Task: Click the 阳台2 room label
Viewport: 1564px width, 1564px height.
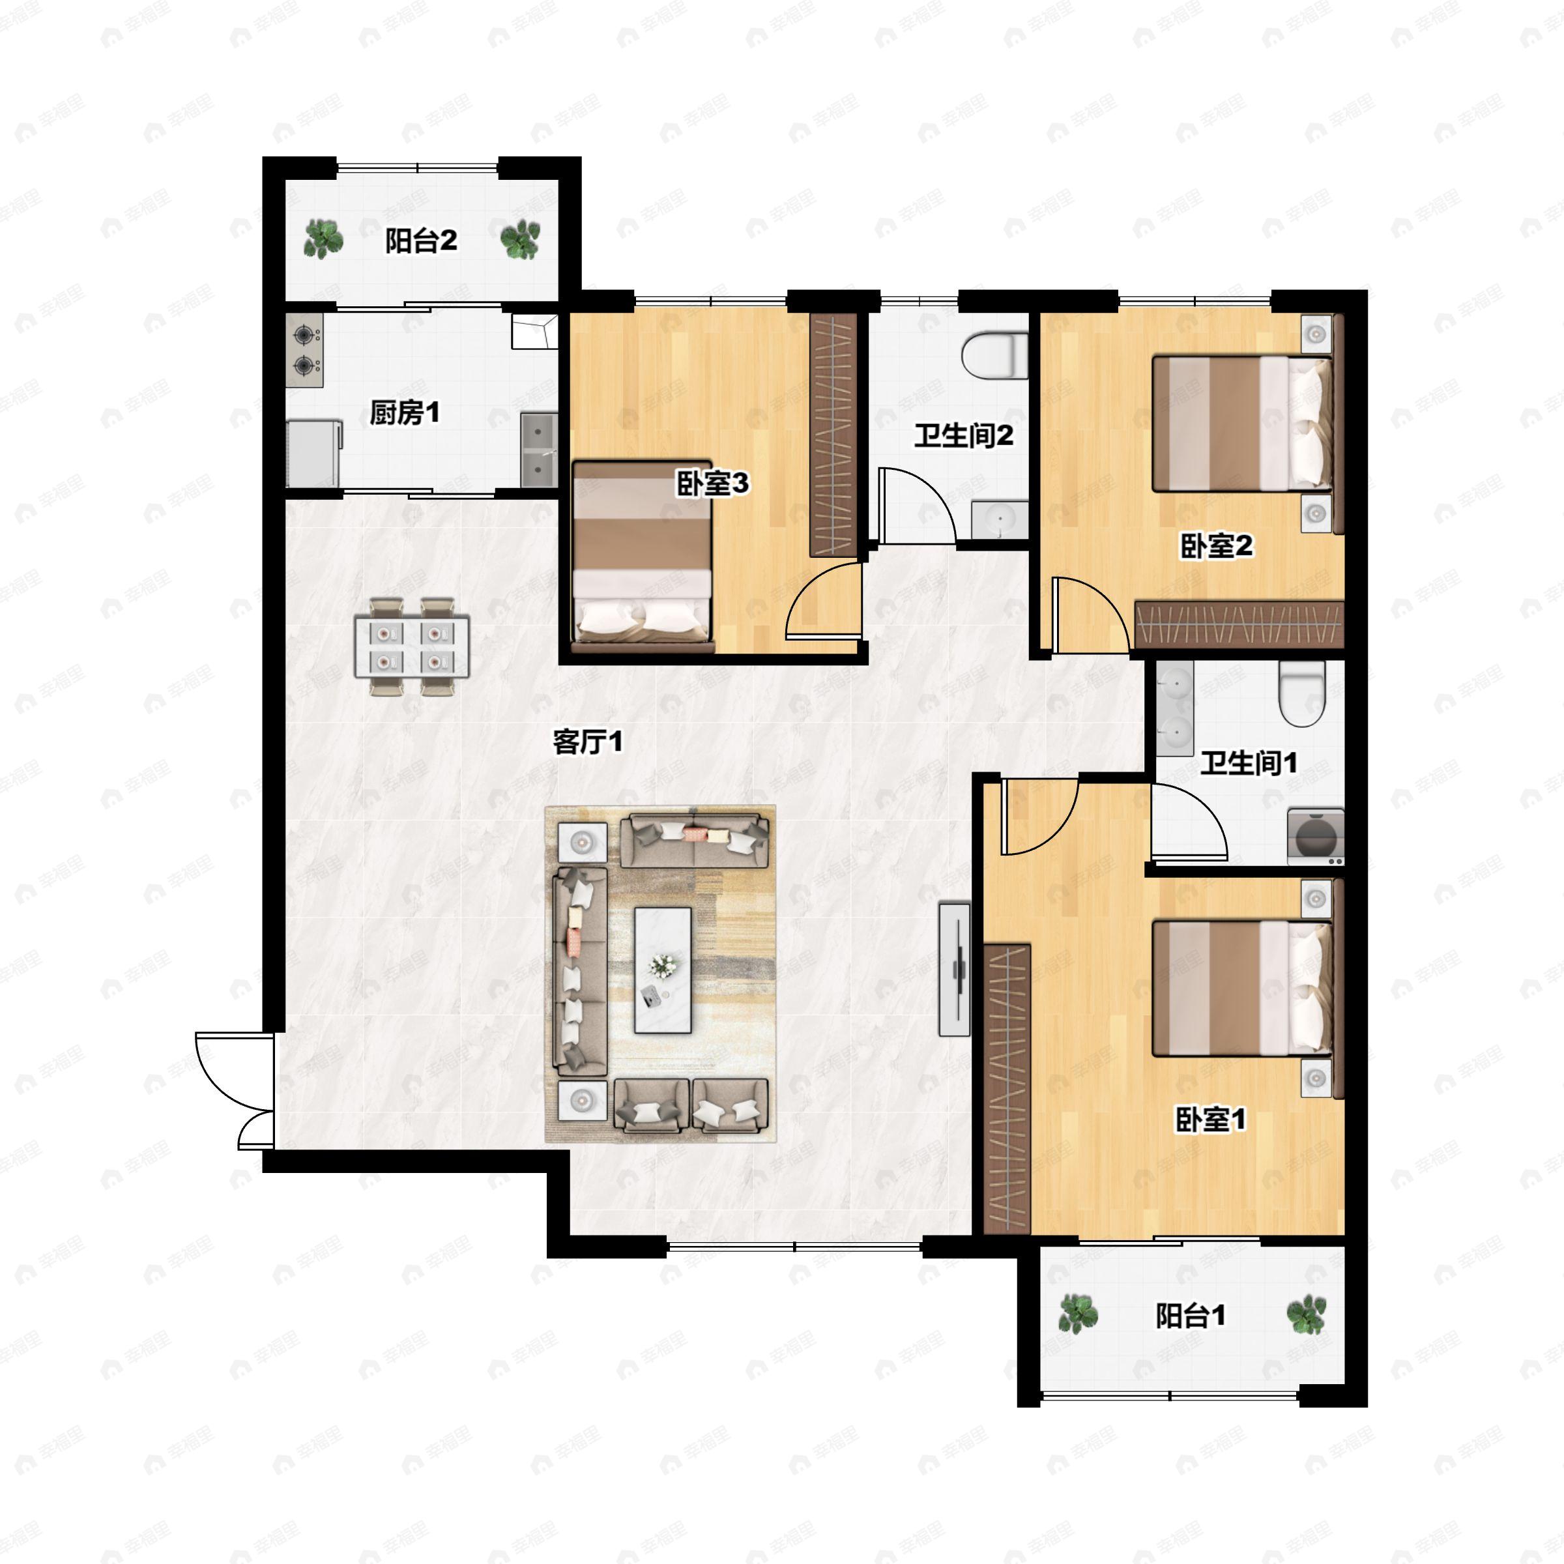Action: [420, 240]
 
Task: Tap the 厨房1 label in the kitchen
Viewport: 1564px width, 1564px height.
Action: [404, 413]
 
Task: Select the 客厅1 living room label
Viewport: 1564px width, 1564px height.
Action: [588, 742]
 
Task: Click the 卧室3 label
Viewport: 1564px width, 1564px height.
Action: [712, 484]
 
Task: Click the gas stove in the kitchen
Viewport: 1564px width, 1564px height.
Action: [304, 350]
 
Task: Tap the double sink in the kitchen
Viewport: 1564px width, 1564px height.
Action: [538, 450]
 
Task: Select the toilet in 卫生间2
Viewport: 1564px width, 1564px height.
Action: [993, 356]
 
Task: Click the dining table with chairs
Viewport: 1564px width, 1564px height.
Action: [412, 647]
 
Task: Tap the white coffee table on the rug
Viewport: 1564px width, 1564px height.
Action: [662, 970]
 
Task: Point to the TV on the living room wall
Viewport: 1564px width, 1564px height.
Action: [953, 968]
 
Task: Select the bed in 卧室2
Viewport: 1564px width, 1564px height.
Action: [1241, 424]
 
